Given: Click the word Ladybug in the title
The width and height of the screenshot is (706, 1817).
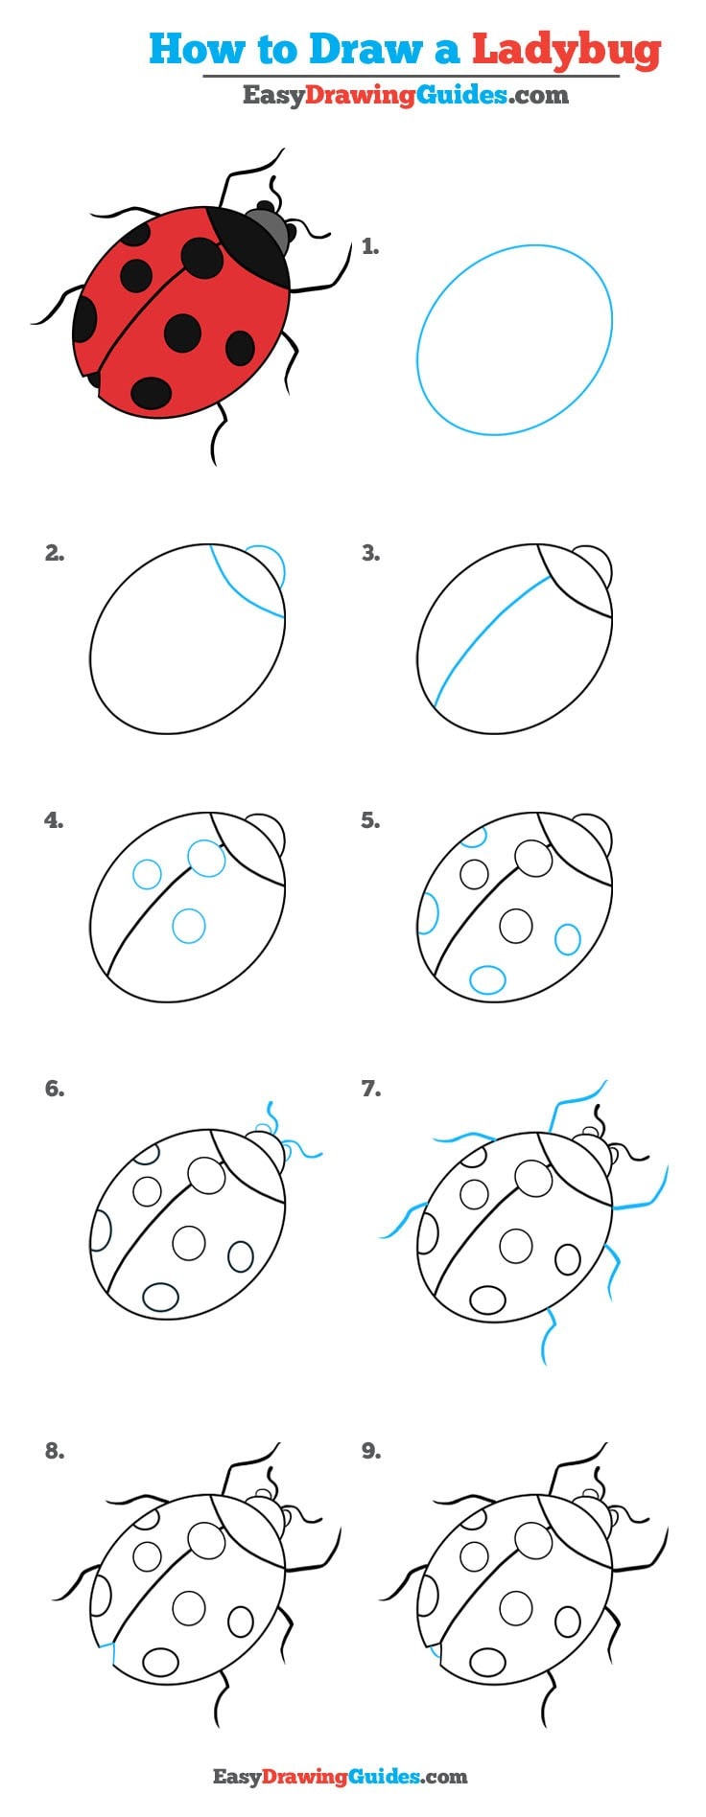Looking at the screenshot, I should [566, 50].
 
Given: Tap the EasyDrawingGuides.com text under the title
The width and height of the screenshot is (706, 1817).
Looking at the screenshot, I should [405, 95].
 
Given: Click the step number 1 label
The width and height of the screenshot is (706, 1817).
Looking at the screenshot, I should [370, 247].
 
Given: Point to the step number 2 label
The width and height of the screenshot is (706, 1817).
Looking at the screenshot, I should [55, 553].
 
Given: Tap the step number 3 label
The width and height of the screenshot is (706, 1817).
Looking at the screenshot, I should [370, 553].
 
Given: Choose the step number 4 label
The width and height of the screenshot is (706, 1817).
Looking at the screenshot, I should [55, 820].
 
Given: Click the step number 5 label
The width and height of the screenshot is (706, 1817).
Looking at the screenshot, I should [370, 820].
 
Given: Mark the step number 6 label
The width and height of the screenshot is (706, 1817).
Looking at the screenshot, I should [55, 1089].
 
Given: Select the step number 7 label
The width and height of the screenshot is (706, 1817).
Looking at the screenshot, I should [370, 1089].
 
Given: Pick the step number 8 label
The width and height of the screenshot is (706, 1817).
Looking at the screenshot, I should [55, 1451].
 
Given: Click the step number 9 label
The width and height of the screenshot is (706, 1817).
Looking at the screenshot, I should [370, 1451].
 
